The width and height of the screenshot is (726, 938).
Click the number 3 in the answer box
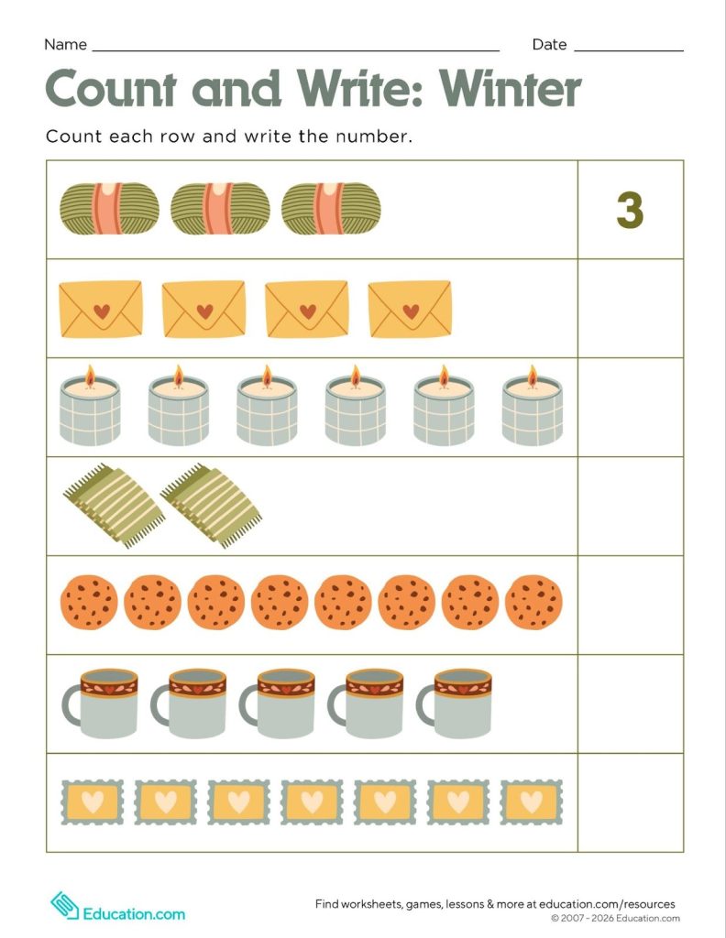[630, 211]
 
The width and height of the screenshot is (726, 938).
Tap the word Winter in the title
[510, 89]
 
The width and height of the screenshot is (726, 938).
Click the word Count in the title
[115, 89]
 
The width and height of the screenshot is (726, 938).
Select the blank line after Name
[295, 48]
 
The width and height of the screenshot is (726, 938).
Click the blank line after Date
[628, 48]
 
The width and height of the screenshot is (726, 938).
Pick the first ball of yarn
[109, 207]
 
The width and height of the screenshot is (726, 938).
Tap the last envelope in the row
[410, 309]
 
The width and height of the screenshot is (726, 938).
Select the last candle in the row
[533, 410]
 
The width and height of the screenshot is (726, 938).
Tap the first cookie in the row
[89, 603]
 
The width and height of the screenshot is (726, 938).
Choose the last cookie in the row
[533, 603]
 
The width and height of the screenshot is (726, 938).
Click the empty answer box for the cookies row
[630, 605]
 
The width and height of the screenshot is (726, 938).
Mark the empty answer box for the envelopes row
[630, 309]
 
